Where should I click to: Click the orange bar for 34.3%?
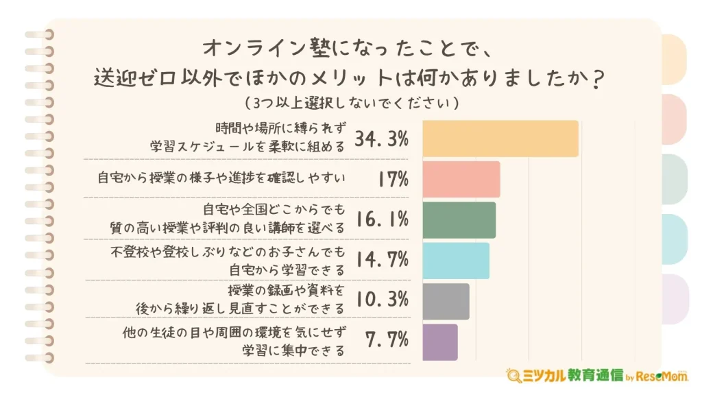coord(500,139)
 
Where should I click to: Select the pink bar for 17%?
coord(461,179)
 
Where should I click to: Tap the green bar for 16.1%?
coord(459,219)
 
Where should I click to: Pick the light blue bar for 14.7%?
coord(456,260)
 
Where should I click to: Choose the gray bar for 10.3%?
coord(446,300)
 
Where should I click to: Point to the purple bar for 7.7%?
coord(440,341)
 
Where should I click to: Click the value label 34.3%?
coord(382,139)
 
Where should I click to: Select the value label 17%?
coord(393,180)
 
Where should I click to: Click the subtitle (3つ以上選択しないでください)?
coord(350,104)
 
